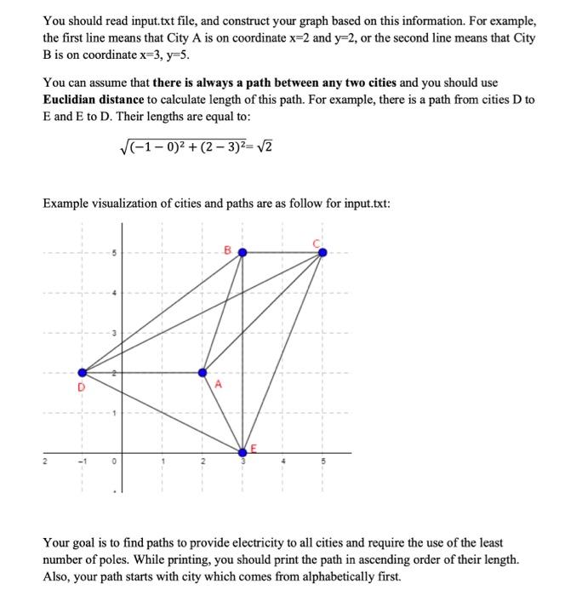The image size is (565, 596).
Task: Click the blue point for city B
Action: point(243,252)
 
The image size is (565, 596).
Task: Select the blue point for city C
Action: point(322,252)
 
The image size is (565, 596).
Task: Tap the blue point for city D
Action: point(83,372)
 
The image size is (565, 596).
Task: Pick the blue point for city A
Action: point(203,372)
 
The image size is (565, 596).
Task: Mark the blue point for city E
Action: point(243,451)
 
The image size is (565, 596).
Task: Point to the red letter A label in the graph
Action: point(218,384)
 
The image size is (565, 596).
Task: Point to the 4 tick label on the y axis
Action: point(110,293)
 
